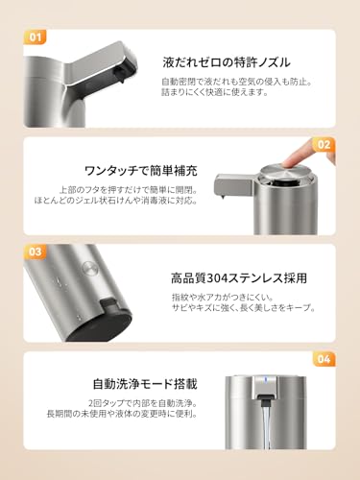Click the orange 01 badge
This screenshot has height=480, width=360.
(36, 37)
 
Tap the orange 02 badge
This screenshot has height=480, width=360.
(324, 146)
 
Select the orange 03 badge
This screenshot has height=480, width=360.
(36, 252)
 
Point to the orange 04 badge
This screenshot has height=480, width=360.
(324, 360)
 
